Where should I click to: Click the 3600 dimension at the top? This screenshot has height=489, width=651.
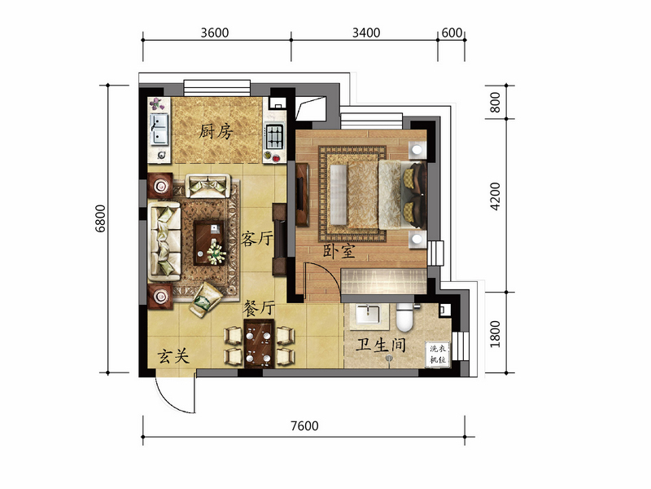215,33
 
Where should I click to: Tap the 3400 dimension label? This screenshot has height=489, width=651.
366,33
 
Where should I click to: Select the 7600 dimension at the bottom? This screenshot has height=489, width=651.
304,425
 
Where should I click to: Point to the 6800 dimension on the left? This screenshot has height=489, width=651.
101,218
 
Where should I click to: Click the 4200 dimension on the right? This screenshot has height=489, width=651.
496,196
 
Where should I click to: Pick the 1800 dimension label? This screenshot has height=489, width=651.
496,334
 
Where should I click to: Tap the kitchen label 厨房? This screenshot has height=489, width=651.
216,131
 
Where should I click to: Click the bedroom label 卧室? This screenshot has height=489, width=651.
339,251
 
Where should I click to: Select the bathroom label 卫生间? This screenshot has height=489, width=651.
381,345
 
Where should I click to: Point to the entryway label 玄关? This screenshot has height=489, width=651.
173,356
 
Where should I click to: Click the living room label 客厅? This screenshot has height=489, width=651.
257,238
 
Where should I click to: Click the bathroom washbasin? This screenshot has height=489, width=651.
368,315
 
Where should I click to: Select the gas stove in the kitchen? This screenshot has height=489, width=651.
274,137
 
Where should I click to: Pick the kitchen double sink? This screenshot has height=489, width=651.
159,129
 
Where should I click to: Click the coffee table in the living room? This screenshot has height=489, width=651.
210,243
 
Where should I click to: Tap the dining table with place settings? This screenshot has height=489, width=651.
259,344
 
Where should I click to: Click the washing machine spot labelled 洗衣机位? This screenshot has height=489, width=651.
438,355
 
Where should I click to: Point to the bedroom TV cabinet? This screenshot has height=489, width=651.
302,194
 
